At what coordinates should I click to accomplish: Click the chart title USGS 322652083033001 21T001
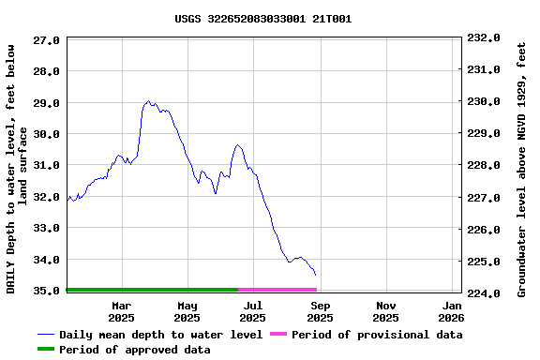(x=263, y=19)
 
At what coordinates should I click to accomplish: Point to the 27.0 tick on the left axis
(x=47, y=40)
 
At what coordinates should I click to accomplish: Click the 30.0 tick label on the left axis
(x=47, y=134)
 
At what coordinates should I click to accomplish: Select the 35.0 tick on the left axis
(x=47, y=292)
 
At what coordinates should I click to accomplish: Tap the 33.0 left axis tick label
(x=47, y=228)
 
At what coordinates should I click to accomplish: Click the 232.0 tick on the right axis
(x=485, y=37)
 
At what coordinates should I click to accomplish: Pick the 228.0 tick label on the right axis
(x=485, y=166)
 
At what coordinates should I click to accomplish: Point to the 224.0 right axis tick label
(x=485, y=293)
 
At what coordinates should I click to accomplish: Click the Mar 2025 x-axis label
(x=121, y=311)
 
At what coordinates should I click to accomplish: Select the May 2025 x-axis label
(x=187, y=311)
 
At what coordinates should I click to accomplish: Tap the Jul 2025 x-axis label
(x=253, y=311)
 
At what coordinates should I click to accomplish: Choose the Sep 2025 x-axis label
(x=320, y=311)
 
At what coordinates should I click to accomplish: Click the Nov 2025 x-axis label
(x=386, y=311)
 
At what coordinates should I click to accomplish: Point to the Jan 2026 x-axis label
(x=452, y=311)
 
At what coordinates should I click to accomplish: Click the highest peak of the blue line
(x=148, y=100)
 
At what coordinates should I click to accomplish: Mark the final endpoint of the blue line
(x=316, y=275)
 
